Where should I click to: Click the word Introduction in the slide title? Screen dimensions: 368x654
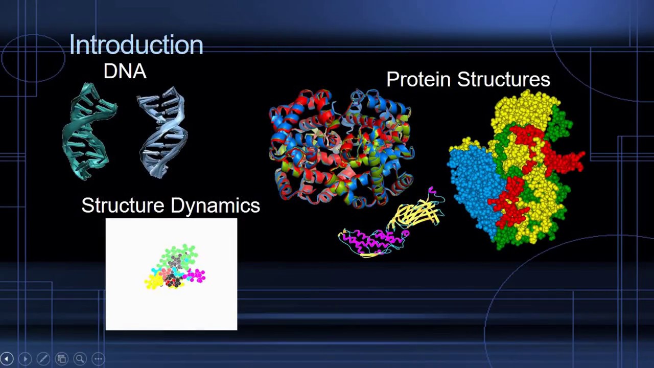pyautogui.click(x=136, y=45)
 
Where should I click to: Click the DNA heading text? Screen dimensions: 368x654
pyautogui.click(x=125, y=72)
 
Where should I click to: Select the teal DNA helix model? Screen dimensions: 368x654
pyautogui.click(x=88, y=132)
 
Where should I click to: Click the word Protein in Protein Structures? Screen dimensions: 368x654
pyautogui.click(x=418, y=80)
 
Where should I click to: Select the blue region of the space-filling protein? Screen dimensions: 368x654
pyautogui.click(x=473, y=184)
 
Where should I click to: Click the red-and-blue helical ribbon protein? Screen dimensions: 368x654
pyautogui.click(x=341, y=148)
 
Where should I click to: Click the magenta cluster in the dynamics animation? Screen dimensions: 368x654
pyautogui.click(x=196, y=277)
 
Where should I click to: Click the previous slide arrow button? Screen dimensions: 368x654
pyautogui.click(x=7, y=359)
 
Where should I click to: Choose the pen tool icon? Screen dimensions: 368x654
pyautogui.click(x=43, y=359)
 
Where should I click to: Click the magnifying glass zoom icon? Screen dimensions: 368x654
pyautogui.click(x=80, y=359)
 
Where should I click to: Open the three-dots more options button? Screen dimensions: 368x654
pyautogui.click(x=98, y=359)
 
